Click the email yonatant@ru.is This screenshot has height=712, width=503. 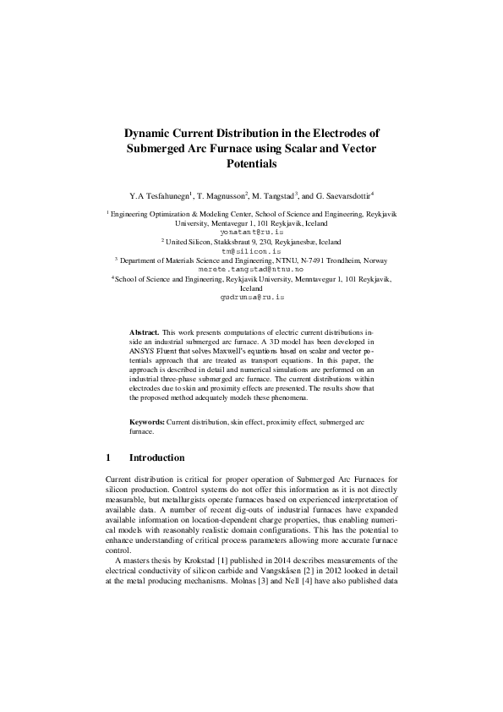click(252, 231)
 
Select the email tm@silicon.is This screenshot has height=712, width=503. click(252, 251)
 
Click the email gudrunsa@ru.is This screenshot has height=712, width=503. click(252, 298)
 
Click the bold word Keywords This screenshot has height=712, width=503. click(147, 421)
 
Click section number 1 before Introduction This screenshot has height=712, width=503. click(108, 458)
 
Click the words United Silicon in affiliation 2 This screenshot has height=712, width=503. click(191, 241)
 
